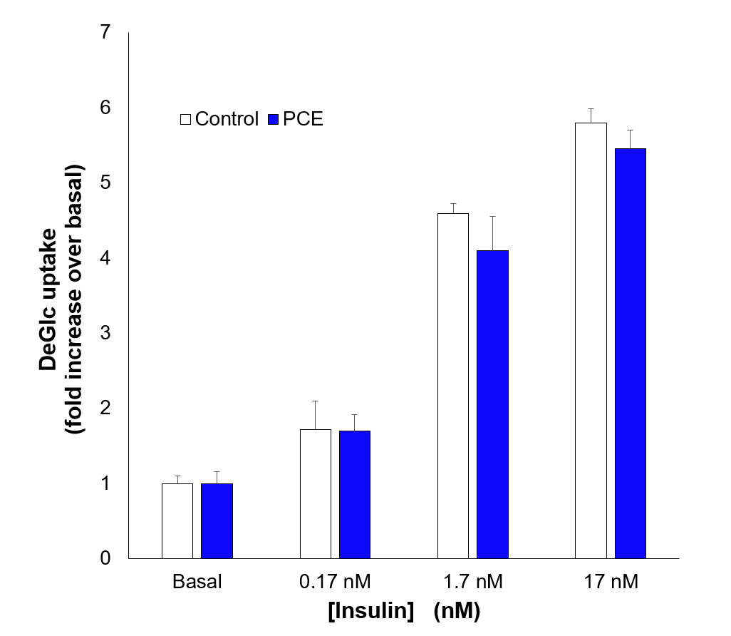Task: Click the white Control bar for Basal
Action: (177, 520)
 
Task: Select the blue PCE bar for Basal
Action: (217, 520)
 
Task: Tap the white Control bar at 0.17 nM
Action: (315, 493)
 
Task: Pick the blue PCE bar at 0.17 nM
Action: (355, 494)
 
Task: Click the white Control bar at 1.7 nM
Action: (453, 385)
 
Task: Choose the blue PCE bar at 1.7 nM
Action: (492, 404)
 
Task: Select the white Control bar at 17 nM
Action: (591, 340)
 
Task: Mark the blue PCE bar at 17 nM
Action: (631, 353)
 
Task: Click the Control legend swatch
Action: (185, 119)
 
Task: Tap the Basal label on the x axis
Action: (197, 582)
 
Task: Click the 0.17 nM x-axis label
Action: (335, 582)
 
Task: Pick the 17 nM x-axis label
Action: (611, 582)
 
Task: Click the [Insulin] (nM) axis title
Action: (403, 611)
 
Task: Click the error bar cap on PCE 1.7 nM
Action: (492, 216)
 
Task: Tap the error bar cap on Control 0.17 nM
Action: (315, 401)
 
